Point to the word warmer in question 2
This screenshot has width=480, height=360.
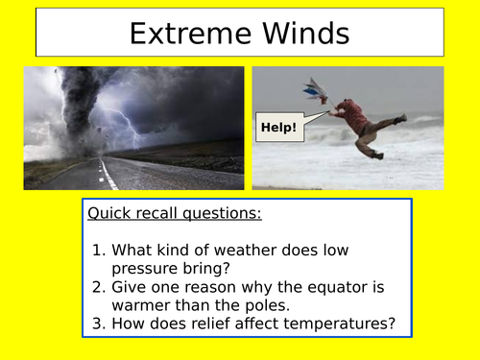(x=144, y=304)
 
